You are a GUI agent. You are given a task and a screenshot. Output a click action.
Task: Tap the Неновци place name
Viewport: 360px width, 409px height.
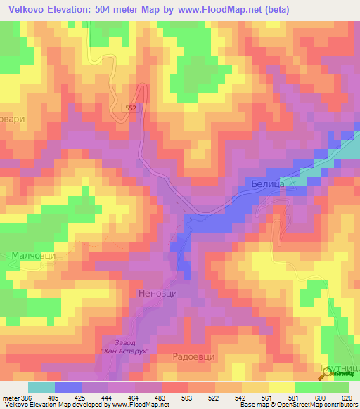coord(158,294)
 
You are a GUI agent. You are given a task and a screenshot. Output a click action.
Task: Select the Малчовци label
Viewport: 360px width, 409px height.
coord(32,257)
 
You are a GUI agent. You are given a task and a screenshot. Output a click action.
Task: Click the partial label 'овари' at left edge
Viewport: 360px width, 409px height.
coord(13,119)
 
